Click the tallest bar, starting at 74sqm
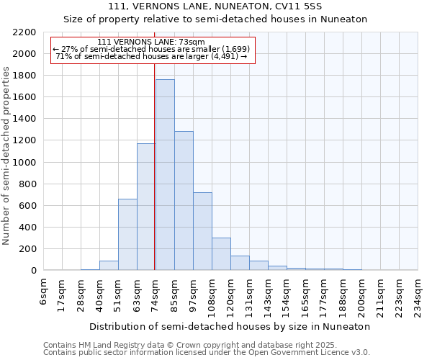(x=165, y=175)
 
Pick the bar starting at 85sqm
(x=184, y=201)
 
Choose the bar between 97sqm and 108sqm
(x=202, y=231)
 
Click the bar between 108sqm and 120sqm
(x=221, y=254)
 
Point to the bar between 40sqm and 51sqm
(x=109, y=266)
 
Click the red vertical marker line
(x=155, y=166)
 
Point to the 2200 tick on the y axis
(x=24, y=32)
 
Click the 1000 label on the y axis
(x=24, y=163)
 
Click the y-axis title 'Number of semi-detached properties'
(x=6, y=156)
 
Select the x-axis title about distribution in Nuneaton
(x=231, y=326)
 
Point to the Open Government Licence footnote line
(x=207, y=353)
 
